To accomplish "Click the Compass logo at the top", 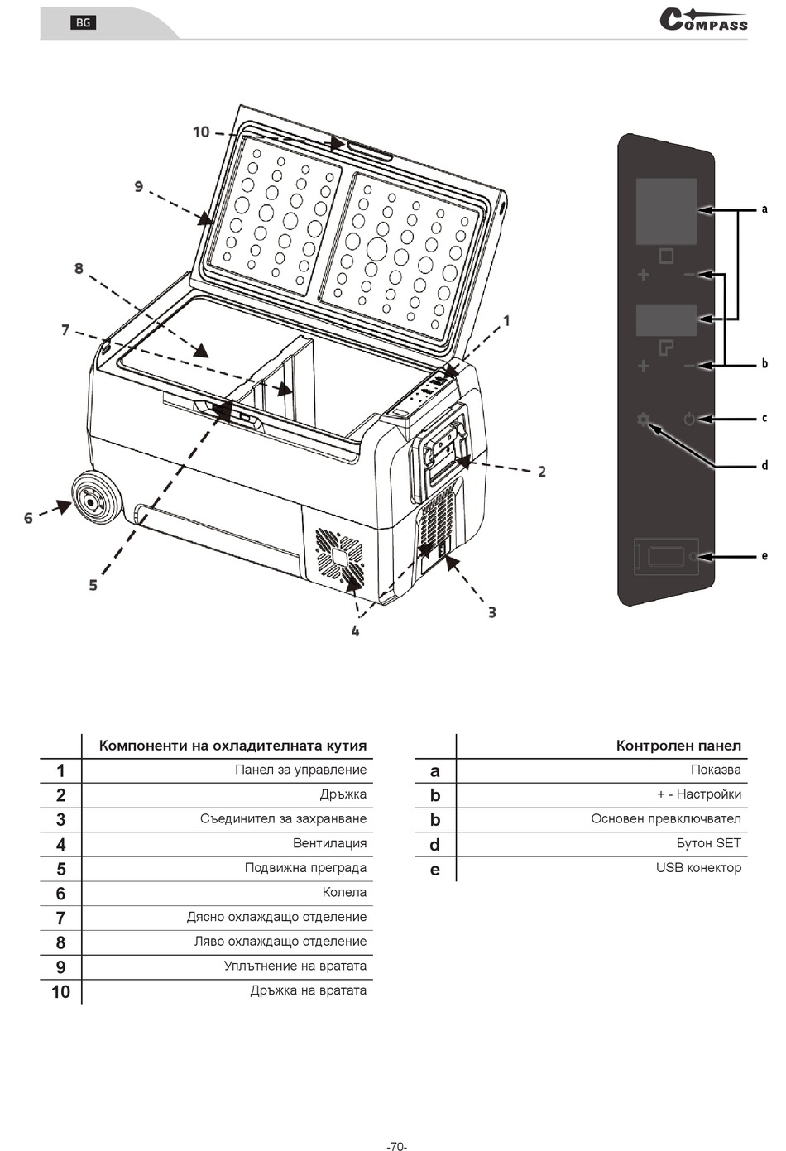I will coord(703,21).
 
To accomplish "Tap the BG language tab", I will coord(83,22).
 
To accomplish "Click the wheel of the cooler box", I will coord(94,498).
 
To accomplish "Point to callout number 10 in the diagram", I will coord(201,132).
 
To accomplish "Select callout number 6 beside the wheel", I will coord(28,518).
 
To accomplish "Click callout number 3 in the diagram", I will coord(492,612).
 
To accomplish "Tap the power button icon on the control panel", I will coord(689,420).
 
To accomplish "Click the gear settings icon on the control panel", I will coord(643,420).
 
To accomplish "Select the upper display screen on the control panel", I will coord(666,211).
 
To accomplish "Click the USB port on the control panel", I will coord(665,557).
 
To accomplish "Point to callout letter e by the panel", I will coord(764,556).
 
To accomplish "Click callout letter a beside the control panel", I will coord(764,209).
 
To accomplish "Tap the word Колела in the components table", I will coord(344,892).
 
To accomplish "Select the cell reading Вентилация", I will coord(329,843).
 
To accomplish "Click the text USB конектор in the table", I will coord(698,868).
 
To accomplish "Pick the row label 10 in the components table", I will coord(60,991).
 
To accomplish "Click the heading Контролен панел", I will coord(678,746).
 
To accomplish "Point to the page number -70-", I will coord(396,1146).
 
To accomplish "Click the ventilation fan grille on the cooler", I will coord(338,556).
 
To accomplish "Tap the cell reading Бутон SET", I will coord(708,843).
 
